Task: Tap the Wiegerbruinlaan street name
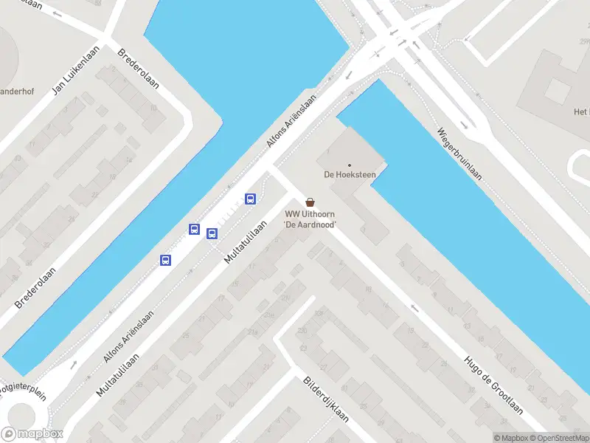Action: pos(459,154)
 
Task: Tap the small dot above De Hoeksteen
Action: pos(350,165)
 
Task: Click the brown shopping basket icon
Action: pos(310,202)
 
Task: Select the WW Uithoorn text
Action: pos(310,214)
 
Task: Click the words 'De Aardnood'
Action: pos(310,224)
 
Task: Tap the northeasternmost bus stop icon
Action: pos(250,198)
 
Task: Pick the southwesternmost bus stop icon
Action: pos(165,260)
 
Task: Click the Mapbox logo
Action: pos(31,434)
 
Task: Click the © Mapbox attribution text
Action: pos(511,438)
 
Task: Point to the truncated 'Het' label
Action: pos(581,112)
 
